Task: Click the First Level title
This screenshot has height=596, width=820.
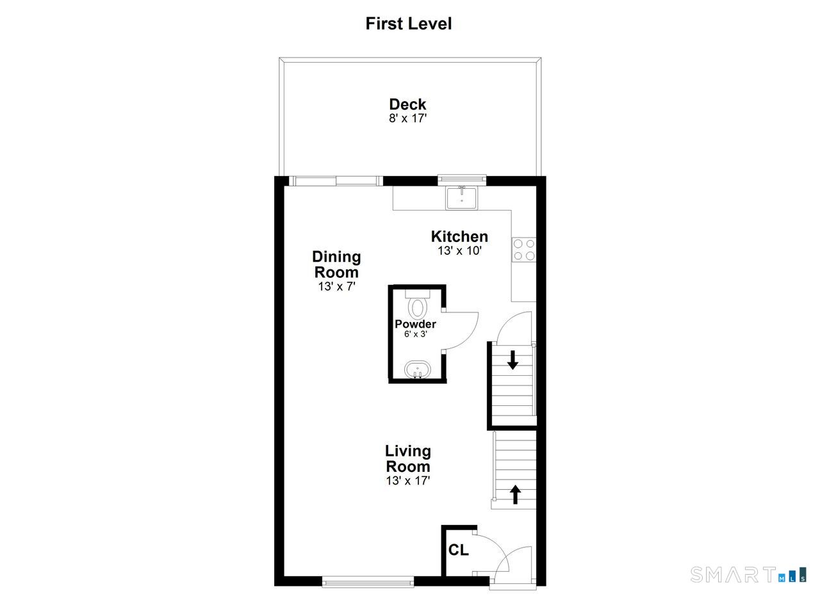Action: [x=409, y=24]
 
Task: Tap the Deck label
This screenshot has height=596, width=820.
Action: [x=407, y=104]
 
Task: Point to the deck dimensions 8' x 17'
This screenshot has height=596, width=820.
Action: [x=408, y=118]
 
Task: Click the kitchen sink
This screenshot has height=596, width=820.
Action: [x=461, y=198]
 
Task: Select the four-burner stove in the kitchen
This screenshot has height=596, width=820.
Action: [x=524, y=250]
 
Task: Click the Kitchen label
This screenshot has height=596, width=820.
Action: [x=459, y=237]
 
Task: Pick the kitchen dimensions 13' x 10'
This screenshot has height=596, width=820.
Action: [x=459, y=251]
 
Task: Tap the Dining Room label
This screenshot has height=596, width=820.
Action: [x=336, y=264]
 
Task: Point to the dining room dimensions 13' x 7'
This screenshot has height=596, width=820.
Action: [x=337, y=286]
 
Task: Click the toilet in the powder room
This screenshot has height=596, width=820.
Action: [x=418, y=305]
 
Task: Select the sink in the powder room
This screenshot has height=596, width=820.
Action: [x=417, y=370]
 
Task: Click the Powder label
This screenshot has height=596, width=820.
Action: [x=416, y=324]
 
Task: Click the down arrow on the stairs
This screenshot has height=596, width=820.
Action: [x=512, y=360]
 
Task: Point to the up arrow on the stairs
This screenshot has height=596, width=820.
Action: [x=516, y=495]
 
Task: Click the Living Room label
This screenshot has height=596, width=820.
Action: [x=408, y=459]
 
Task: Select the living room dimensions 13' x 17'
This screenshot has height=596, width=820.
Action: [x=408, y=481]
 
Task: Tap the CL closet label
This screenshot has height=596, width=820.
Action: [x=458, y=550]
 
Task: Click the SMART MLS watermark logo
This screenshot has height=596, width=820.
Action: [x=748, y=574]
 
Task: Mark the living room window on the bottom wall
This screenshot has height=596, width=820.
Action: [x=368, y=581]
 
